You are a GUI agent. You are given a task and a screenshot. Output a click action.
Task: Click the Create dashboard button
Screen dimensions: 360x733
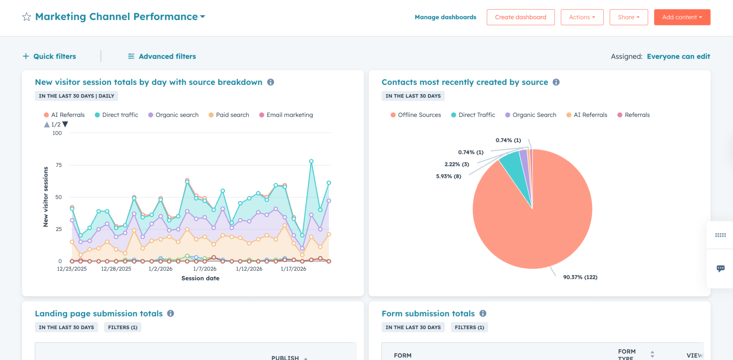tap(520, 17)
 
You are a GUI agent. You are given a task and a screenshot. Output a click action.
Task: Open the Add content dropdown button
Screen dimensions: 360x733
tap(682, 17)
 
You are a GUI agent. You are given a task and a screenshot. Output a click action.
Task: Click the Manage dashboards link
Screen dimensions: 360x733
tap(445, 17)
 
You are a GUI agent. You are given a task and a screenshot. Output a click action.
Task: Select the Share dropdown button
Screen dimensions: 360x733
tap(629, 17)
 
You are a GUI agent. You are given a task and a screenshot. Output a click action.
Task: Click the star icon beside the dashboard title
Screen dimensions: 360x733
tap(26, 17)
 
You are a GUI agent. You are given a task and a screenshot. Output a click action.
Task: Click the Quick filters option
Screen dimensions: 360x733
tap(49, 56)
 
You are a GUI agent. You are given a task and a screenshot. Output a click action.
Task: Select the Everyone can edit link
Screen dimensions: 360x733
tap(678, 56)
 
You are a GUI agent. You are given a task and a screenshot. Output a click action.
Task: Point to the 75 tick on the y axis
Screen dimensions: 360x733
tap(59, 165)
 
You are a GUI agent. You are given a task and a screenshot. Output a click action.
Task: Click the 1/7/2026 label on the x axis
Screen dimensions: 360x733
tap(205, 269)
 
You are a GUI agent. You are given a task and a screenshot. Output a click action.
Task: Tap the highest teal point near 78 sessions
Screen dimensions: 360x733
tap(311, 161)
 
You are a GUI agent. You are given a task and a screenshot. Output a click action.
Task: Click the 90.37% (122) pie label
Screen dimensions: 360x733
tap(580, 277)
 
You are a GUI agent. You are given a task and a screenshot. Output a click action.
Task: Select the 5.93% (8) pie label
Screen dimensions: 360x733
tap(448, 176)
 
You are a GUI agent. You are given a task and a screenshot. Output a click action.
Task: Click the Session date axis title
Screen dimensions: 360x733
tap(200, 278)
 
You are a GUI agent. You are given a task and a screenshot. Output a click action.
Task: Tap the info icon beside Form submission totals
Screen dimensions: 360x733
tap(483, 314)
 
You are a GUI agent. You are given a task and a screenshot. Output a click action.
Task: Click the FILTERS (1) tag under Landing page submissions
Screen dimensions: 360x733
tap(123, 327)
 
